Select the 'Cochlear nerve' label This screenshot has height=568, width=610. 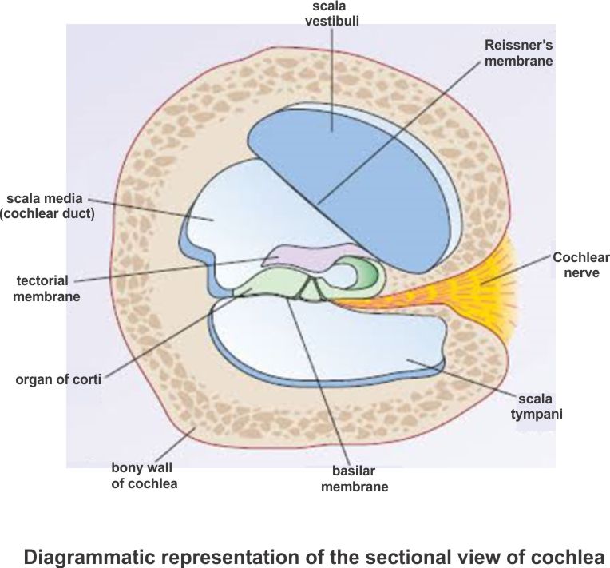pyautogui.click(x=580, y=265)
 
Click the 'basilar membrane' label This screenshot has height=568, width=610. pyautogui.click(x=354, y=478)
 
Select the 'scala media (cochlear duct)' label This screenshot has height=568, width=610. pyautogui.click(x=47, y=206)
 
